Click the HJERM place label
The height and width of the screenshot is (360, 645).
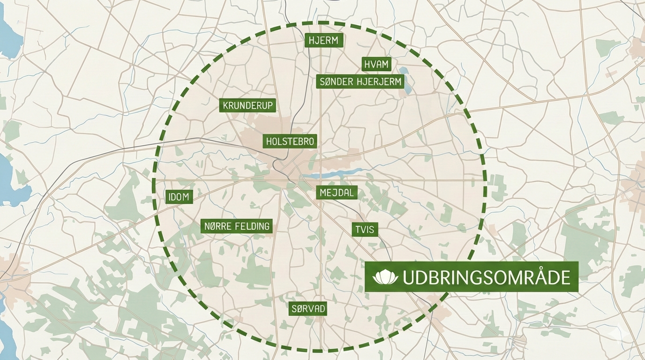click(x=324, y=41)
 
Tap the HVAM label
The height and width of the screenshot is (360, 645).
click(x=376, y=64)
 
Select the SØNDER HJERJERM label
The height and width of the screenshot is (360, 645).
click(x=360, y=82)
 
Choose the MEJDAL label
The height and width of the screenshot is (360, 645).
click(x=337, y=192)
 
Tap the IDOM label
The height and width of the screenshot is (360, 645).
click(x=179, y=197)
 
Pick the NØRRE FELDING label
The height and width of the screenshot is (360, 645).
click(x=237, y=226)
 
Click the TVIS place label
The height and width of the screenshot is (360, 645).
click(x=365, y=229)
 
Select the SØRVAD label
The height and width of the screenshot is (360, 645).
click(x=307, y=308)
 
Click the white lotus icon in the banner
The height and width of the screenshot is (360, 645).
click(x=385, y=277)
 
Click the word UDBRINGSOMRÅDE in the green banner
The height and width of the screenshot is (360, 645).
click(x=486, y=277)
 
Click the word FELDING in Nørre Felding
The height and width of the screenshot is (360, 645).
click(x=253, y=226)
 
